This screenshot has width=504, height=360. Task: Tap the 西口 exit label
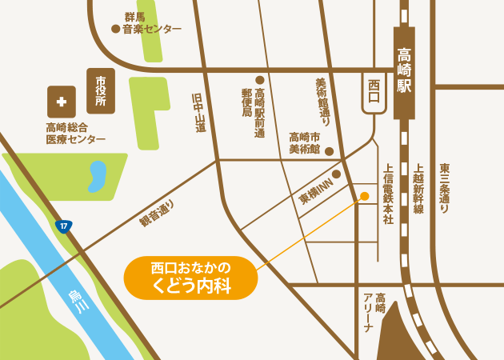pyautogui.click(x=373, y=90)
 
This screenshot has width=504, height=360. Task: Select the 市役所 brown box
pyautogui.click(x=101, y=91)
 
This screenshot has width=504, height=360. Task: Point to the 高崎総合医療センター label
pyautogui.click(x=75, y=133)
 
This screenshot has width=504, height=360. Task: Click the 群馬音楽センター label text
pyautogui.click(x=151, y=23)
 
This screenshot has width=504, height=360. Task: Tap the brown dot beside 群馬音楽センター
pyautogui.click(x=115, y=29)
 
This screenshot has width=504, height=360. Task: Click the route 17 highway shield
pyautogui.click(x=64, y=226)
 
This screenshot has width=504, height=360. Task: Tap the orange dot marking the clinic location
pyautogui.click(x=364, y=196)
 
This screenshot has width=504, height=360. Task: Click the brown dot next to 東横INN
pyautogui.click(x=336, y=174)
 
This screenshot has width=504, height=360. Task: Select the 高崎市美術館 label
pyautogui.click(x=305, y=142)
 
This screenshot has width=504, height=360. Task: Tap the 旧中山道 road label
pyautogui.click(x=199, y=111)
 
